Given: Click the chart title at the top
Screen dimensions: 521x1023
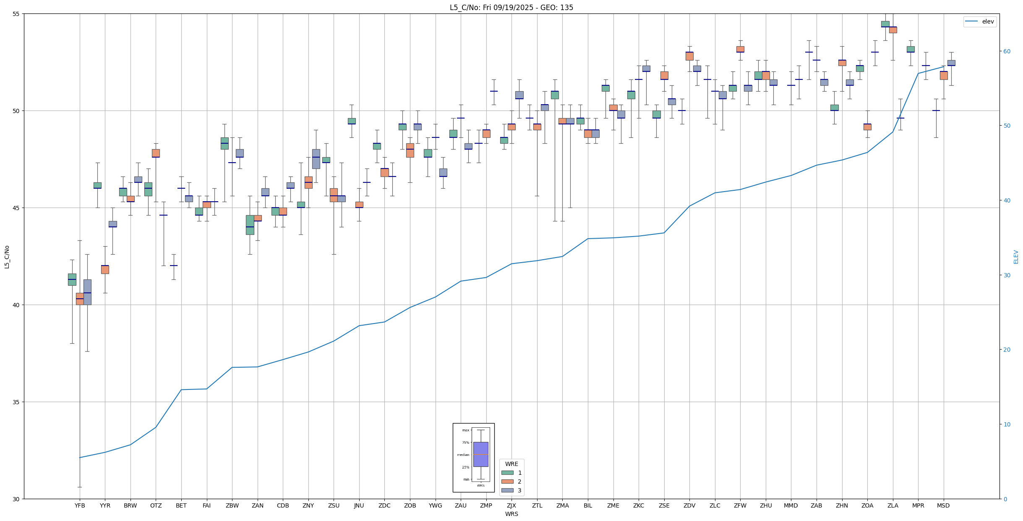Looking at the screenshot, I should [x=511, y=8].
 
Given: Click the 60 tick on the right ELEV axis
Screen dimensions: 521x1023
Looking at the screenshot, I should [x=1006, y=51].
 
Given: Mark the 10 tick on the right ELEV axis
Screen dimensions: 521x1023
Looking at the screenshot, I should [x=1006, y=424].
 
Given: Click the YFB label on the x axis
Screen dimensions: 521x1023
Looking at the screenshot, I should [x=80, y=505].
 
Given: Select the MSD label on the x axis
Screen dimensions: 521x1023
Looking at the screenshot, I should [x=943, y=505].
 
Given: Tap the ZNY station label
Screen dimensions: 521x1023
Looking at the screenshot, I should [x=308, y=505].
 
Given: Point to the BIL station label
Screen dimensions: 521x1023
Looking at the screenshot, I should [x=588, y=505].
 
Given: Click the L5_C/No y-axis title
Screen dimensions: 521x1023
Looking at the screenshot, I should [x=7, y=257].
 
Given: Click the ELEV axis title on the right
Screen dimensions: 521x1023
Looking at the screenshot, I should [x=1016, y=257].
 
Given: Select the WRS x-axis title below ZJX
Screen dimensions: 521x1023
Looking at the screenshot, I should [x=511, y=514].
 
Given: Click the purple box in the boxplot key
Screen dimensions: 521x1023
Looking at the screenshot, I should [x=480, y=454].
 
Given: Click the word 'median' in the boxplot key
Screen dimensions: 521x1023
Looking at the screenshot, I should [x=463, y=455].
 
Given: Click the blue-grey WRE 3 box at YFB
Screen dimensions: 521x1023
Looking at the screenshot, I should [x=87, y=292].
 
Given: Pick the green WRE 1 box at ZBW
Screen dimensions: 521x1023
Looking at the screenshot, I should [x=224, y=143].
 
